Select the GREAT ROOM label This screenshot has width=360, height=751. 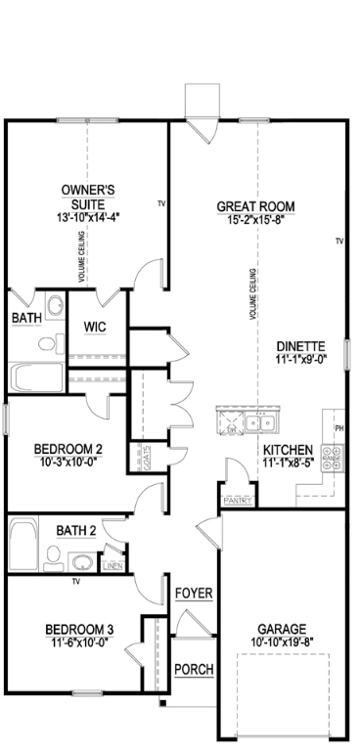click(x=254, y=206)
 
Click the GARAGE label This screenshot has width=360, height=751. click(x=282, y=629)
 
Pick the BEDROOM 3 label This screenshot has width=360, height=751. click(x=79, y=630)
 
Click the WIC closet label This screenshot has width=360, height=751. click(x=95, y=327)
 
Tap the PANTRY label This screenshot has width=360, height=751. click(x=239, y=502)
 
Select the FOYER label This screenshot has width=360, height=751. click(x=194, y=594)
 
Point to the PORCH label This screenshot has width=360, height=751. click(x=193, y=670)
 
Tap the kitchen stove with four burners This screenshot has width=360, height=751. click(x=333, y=453)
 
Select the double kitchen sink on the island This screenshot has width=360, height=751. click(x=259, y=423)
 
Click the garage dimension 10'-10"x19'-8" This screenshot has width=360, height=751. click(x=282, y=641)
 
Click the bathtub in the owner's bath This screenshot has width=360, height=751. click(x=35, y=377)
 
